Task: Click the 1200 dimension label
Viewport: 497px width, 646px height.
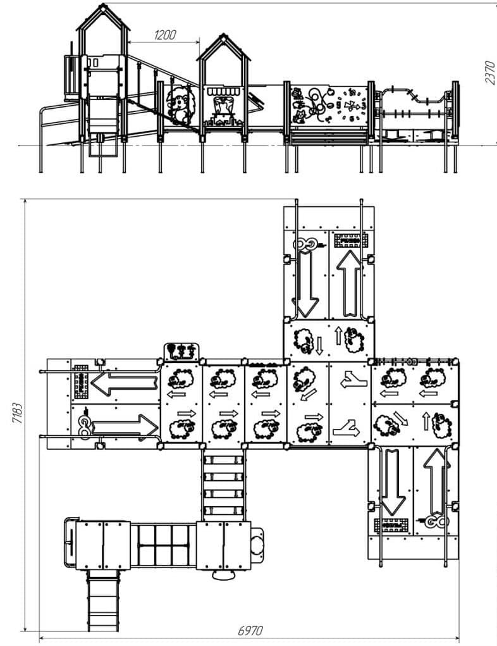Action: [164, 35]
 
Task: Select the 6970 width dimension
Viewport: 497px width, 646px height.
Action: [250, 631]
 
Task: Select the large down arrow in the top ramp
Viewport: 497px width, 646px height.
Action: [307, 282]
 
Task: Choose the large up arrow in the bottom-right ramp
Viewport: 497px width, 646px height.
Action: [434, 480]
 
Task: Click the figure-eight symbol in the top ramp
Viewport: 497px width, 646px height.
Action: [307, 243]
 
